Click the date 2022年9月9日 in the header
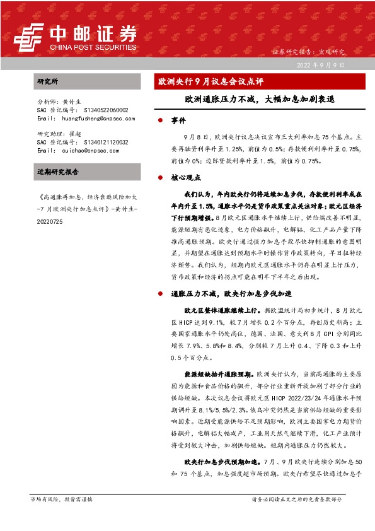pos(320,65)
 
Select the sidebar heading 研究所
pos(48,82)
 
